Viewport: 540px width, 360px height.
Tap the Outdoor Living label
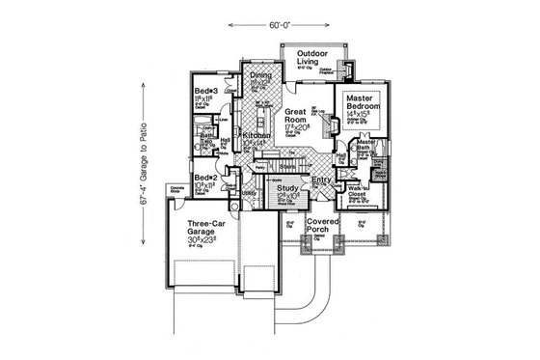click(311, 58)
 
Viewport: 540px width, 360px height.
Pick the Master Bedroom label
click(360, 101)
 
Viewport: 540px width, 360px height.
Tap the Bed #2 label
click(202, 179)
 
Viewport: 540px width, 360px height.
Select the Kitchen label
click(255, 136)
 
